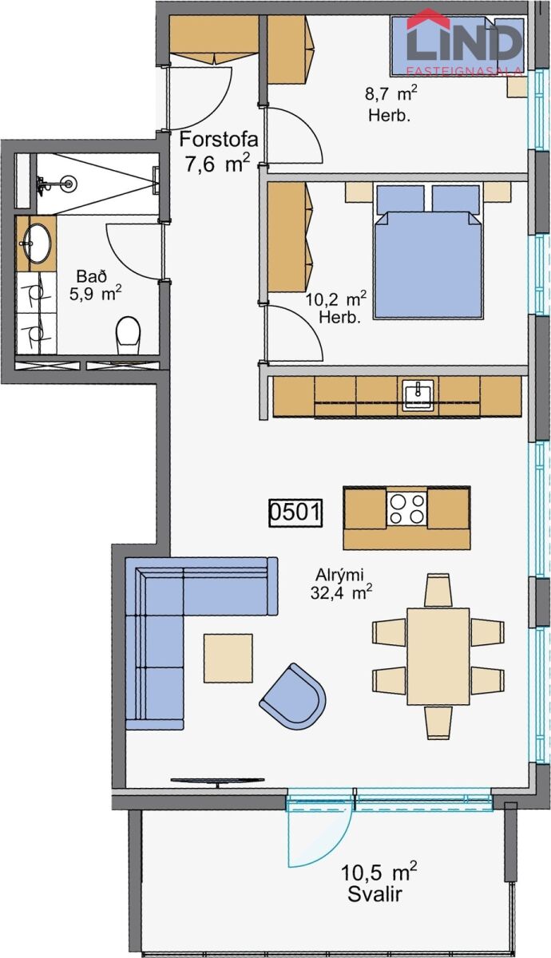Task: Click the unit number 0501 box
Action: [295, 513]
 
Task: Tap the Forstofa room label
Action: [219, 140]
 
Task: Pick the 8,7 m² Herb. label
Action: [390, 104]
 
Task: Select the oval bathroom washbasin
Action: [38, 243]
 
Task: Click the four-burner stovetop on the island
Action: [406, 509]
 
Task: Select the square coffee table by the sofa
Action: [228, 658]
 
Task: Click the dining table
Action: [438, 656]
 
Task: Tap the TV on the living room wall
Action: [218, 780]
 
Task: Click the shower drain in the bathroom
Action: [69, 184]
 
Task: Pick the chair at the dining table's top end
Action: [438, 590]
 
